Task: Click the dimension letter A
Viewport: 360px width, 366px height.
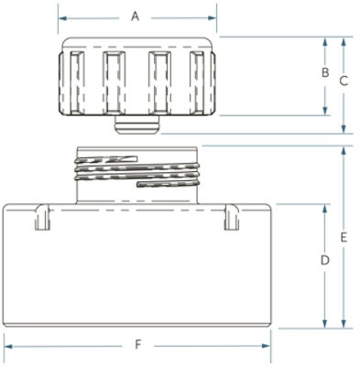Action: [135, 16]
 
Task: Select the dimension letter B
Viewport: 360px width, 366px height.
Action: [325, 72]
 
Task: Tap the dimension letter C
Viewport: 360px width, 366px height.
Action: [344, 81]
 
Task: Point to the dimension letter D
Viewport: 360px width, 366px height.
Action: [325, 261]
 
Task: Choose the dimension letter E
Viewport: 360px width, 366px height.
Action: [344, 238]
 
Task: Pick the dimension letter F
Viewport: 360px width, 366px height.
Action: [138, 345]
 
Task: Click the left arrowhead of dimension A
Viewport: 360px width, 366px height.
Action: [62, 18]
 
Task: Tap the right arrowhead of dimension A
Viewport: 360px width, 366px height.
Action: [213, 18]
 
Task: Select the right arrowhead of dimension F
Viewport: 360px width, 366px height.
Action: [266, 346]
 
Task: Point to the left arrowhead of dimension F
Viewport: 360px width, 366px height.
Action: [8, 346]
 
